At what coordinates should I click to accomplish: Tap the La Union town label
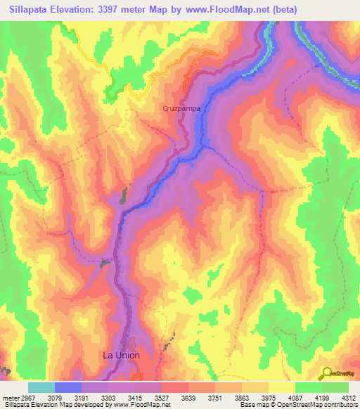pyautogui.click(x=122, y=356)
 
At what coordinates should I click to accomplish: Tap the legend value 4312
pyautogui.click(x=348, y=398)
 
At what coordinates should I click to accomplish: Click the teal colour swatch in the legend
pyautogui.click(x=41, y=387)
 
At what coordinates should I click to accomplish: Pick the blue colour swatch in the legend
pyautogui.click(x=68, y=387)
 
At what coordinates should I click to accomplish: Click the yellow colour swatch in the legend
pyautogui.click(x=282, y=387)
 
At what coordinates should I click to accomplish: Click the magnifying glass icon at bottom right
pyautogui.click(x=327, y=372)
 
